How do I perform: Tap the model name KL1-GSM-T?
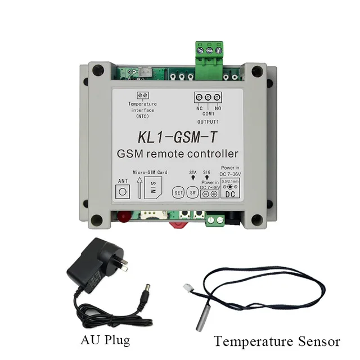(177, 137)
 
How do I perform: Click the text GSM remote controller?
(177, 154)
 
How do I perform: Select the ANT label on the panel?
(122, 181)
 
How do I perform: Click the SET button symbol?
(178, 191)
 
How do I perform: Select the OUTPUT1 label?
(208, 121)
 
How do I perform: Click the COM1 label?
(208, 113)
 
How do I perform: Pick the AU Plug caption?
(105, 340)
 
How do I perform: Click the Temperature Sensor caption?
(277, 341)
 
